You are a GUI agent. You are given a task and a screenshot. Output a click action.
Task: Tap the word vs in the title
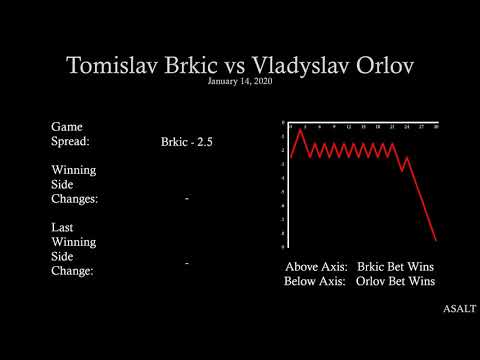237,66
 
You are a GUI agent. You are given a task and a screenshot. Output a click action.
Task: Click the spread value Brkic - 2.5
187,142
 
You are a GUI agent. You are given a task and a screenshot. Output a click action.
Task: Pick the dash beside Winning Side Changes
187,199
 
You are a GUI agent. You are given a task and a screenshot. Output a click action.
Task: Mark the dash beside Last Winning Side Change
187,263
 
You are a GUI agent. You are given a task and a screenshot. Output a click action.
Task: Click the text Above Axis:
316,267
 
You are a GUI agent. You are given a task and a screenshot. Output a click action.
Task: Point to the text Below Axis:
316,282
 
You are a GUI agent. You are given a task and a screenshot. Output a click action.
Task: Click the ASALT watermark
459,309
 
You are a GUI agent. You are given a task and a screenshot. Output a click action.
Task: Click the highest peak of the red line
302,130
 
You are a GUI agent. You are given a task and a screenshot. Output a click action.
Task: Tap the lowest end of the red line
437,240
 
